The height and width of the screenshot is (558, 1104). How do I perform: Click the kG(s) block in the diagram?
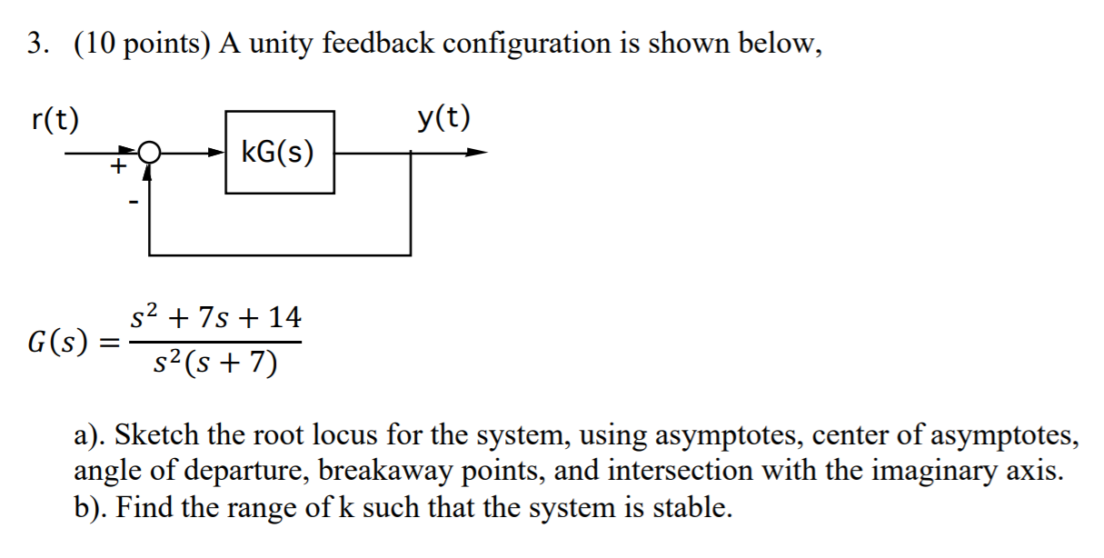point(279,153)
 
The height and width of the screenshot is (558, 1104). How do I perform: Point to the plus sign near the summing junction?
point(117,167)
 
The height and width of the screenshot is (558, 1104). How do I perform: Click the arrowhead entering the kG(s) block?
point(215,153)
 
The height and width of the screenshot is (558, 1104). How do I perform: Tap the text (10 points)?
point(134,44)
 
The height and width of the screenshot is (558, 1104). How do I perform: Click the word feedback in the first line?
point(380,44)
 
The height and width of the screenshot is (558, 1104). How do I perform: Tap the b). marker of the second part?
point(90,506)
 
